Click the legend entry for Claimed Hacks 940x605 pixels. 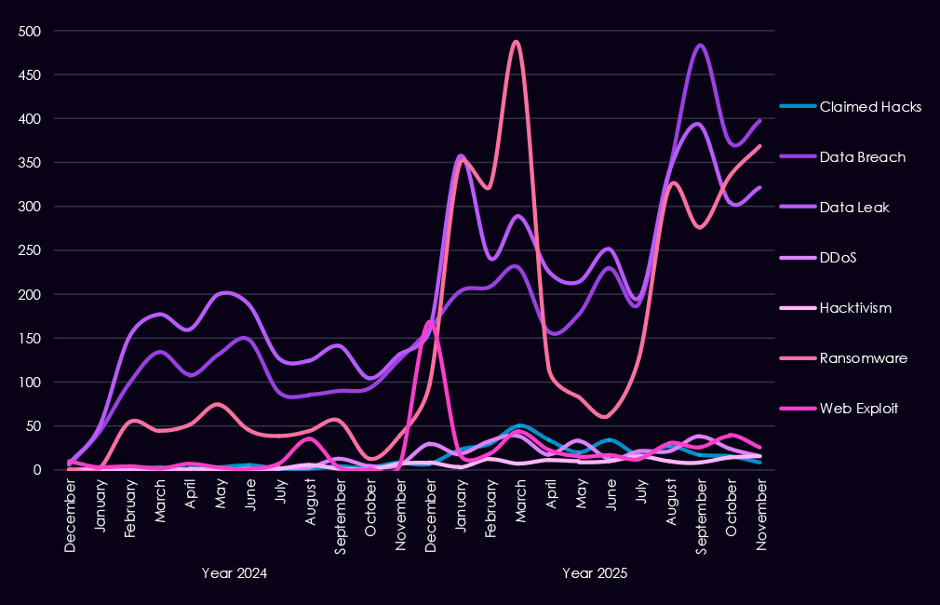pyautogui.click(x=870, y=107)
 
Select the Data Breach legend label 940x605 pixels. pyautogui.click(x=862, y=157)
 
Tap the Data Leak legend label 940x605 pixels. pyautogui.click(x=854, y=208)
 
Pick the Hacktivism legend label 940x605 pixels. pyautogui.click(x=855, y=308)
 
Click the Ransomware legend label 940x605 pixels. pyautogui.click(x=863, y=358)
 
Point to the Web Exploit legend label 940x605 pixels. pyautogui.click(x=859, y=409)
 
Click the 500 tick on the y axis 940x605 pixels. pyautogui.click(x=31, y=32)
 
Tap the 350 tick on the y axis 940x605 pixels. pyautogui.click(x=31, y=163)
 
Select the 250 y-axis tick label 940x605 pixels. pyautogui.click(x=31, y=250)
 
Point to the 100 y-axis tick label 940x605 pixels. pyautogui.click(x=31, y=383)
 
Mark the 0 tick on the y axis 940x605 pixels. pyautogui.click(x=38, y=470)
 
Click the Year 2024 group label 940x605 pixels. pyautogui.click(x=235, y=573)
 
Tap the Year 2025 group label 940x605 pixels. pyautogui.click(x=595, y=573)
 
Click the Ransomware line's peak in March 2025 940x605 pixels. pyautogui.click(x=517, y=42)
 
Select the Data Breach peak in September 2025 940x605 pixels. pyautogui.click(x=701, y=45)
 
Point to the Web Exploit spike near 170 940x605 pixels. pyautogui.click(x=429, y=322)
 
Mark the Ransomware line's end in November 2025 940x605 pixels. pyautogui.click(x=761, y=146)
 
